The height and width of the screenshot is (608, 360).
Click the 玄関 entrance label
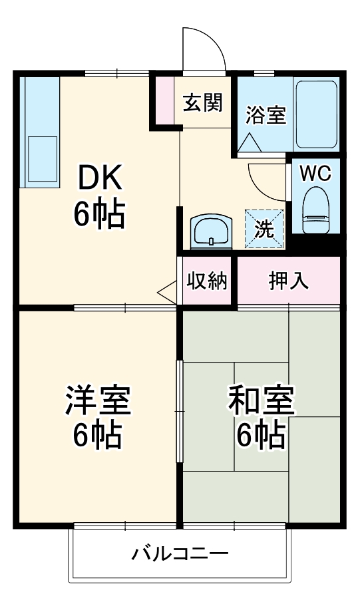[x=203, y=102]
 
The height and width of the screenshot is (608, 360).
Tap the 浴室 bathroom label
[x=266, y=115]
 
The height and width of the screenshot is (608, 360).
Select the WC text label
[x=315, y=174]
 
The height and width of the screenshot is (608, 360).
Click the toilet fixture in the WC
[x=315, y=210]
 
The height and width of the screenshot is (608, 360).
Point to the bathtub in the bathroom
[x=316, y=114]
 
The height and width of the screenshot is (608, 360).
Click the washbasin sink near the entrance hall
[x=211, y=231]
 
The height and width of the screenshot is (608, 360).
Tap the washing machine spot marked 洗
[x=264, y=229]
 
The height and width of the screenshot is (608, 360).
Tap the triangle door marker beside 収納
[x=168, y=292]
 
